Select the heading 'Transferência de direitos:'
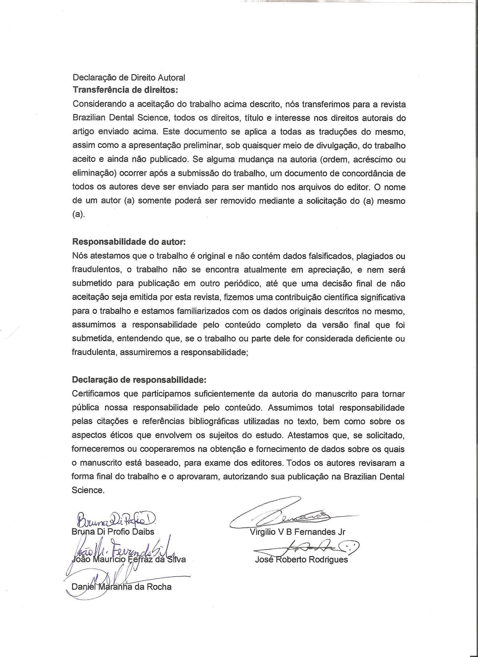coord(125,90)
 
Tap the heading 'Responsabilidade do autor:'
coord(129,242)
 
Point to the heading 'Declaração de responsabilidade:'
coord(139,380)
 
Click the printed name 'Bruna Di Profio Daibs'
coord(113,532)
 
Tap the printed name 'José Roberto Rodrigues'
coord(301,560)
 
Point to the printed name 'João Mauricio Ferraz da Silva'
coord(128,559)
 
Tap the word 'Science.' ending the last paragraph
coord(87,490)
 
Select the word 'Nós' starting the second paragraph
coord(78,256)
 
